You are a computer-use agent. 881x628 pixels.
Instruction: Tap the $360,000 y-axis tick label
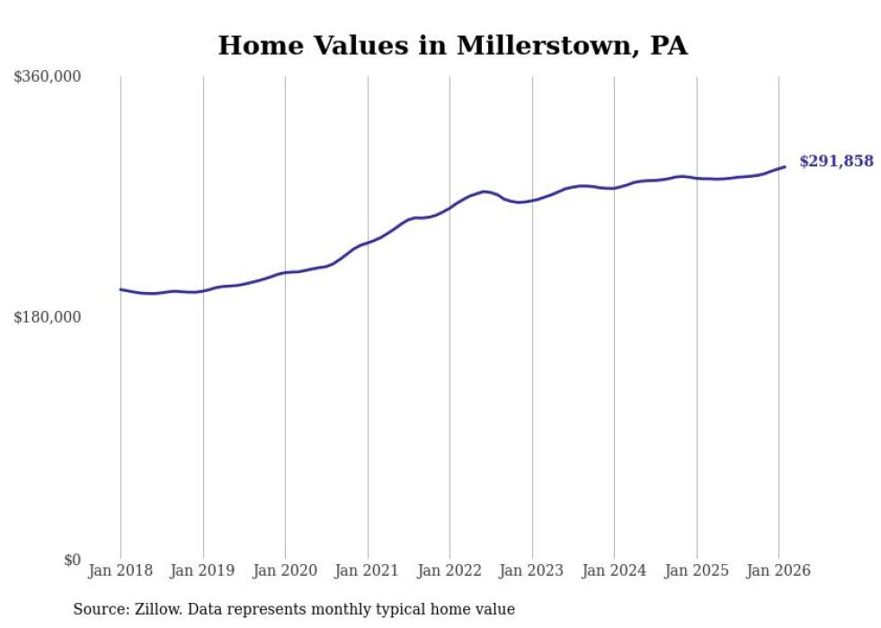point(48,77)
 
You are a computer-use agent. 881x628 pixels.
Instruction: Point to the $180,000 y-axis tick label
point(48,317)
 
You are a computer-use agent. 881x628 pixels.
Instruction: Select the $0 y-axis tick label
point(72,560)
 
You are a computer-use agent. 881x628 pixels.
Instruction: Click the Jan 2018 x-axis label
point(120,571)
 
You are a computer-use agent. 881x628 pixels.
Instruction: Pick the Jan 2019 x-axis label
point(203,571)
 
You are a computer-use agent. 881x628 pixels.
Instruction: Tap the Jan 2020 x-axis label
point(285,571)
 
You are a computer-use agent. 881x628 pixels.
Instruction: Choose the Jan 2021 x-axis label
point(368,571)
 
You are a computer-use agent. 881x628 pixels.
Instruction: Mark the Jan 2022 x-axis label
point(449,571)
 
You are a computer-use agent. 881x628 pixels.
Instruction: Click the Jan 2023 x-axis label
point(532,571)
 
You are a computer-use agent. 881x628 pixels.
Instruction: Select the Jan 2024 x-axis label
point(614,571)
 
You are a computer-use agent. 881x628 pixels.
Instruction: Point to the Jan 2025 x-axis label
point(697,571)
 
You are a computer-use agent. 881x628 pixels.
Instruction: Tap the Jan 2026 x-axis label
point(779,571)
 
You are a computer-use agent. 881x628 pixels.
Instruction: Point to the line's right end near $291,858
point(785,166)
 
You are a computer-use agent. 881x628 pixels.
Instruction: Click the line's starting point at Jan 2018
point(120,289)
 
